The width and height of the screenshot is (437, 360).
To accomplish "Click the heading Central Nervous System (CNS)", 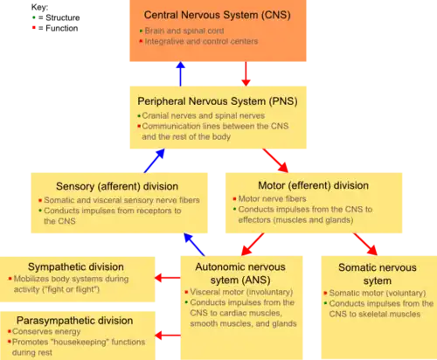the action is (218, 15).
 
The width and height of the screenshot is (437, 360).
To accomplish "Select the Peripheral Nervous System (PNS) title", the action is (218, 101).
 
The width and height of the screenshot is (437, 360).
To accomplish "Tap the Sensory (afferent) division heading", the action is (117, 186).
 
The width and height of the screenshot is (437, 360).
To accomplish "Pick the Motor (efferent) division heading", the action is (313, 185).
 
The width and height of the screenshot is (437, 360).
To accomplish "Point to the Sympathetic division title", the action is (76, 267).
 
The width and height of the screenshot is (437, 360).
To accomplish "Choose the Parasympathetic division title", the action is (74, 321).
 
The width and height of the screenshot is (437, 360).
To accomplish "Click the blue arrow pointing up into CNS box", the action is (181, 73).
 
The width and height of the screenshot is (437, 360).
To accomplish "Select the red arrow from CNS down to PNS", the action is (246, 73).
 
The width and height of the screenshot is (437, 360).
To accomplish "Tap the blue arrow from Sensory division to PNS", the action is (155, 161).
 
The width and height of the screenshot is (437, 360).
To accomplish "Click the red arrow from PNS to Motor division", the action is (275, 161).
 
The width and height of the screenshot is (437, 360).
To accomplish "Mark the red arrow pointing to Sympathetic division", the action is (168, 278).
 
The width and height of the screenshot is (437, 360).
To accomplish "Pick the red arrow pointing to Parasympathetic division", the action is (168, 336).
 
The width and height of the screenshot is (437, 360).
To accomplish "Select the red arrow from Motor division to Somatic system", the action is (365, 244).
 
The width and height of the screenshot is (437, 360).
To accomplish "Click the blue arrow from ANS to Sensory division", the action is (194, 245).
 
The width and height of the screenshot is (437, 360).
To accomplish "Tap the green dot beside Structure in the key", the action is (34, 17).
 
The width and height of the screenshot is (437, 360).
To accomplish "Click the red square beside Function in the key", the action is (34, 28).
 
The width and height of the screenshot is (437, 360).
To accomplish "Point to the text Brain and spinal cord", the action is (184, 31).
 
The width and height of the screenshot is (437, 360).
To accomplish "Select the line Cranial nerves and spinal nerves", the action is (204, 116).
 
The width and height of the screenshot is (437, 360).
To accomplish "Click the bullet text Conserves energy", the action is (46, 331).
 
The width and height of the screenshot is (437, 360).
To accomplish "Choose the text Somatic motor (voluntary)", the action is (378, 293).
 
